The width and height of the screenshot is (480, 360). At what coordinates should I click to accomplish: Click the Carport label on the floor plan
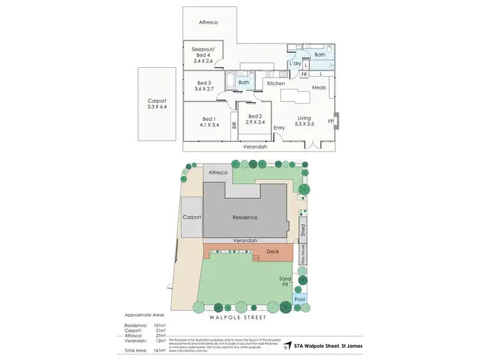point(157,101)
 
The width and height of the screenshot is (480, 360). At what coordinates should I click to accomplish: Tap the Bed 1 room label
point(209,119)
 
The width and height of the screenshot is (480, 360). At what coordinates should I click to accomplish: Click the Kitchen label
point(276,84)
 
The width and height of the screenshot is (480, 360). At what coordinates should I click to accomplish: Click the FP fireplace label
point(331,121)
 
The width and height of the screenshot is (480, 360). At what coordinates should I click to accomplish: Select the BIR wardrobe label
point(234,126)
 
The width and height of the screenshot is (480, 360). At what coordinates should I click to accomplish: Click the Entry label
point(279,128)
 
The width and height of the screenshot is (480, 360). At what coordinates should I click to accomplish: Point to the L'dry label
point(295,64)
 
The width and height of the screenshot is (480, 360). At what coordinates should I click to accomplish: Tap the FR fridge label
point(304,75)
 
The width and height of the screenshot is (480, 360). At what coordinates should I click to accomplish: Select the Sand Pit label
point(285,281)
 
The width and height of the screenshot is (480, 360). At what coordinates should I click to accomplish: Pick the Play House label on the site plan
point(303,254)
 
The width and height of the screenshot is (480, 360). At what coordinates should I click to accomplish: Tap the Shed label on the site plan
point(303,228)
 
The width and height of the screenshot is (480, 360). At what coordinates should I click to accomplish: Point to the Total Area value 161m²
point(160,351)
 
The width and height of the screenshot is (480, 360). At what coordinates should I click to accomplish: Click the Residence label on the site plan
point(244,217)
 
